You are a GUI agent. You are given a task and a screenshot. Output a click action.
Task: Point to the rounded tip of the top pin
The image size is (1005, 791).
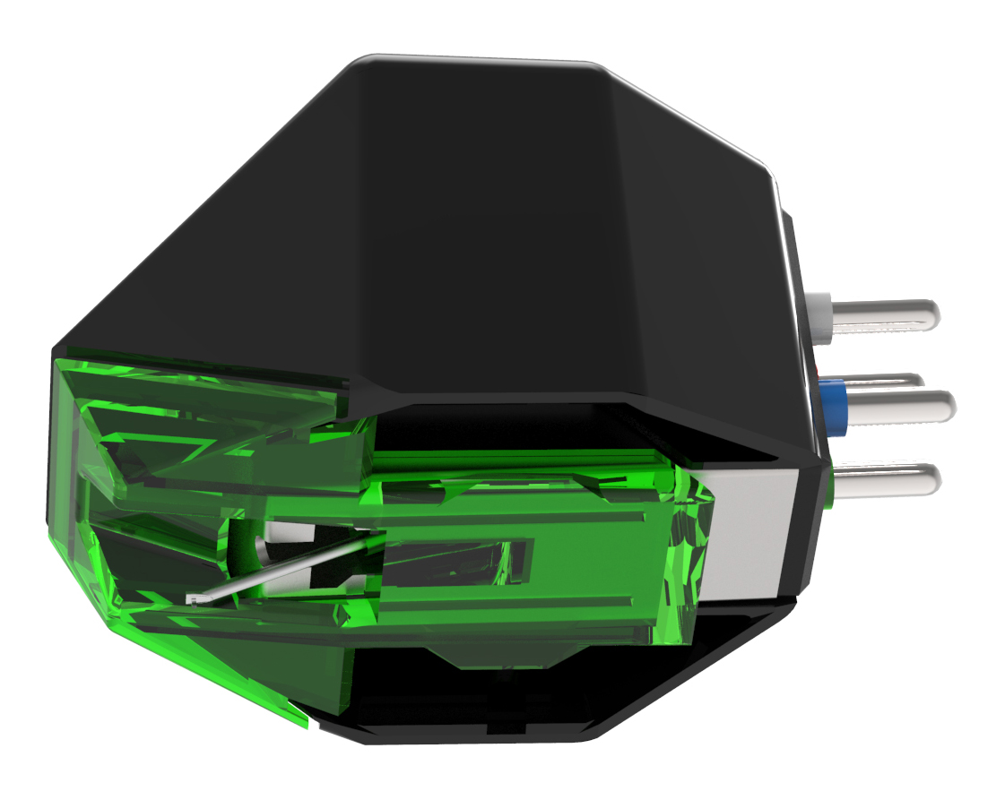click(932, 314)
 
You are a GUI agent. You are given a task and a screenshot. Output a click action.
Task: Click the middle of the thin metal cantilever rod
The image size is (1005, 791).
click(287, 566)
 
